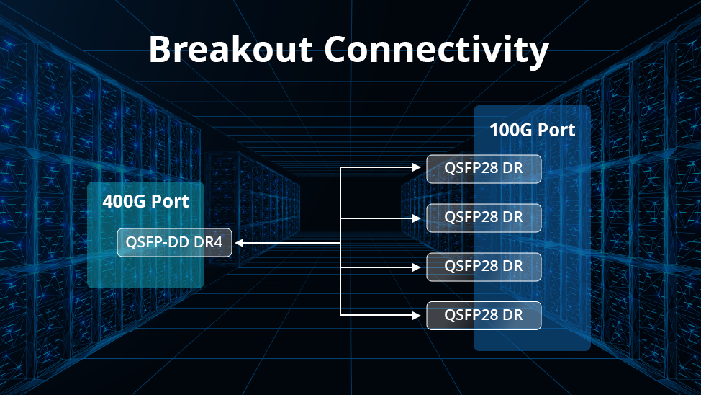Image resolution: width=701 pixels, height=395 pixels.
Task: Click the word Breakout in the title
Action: click(230, 50)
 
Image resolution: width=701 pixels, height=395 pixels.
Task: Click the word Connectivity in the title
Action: click(436, 50)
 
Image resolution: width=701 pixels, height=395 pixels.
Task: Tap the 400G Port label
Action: click(145, 201)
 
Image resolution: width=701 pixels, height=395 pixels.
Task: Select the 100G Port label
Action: click(532, 130)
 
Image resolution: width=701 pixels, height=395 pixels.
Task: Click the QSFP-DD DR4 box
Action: click(174, 243)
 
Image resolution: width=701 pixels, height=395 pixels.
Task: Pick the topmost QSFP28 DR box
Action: click(484, 169)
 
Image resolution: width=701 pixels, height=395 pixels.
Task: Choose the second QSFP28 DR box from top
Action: click(484, 217)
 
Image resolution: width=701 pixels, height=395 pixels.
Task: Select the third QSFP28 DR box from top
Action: click(484, 266)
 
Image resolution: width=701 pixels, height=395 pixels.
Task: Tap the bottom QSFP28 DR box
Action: click(484, 315)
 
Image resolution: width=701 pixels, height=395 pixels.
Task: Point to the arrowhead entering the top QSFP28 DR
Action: click(417, 168)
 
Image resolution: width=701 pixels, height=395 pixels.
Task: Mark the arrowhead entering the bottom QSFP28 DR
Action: click(417, 315)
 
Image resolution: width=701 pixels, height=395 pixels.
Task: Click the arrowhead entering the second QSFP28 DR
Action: click(417, 217)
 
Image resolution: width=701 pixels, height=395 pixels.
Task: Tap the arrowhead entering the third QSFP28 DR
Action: click(417, 266)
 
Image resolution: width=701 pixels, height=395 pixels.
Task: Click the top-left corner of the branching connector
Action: click(340, 168)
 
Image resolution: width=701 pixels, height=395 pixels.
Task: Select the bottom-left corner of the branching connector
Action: click(340, 315)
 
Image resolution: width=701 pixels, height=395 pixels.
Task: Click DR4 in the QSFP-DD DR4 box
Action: click(209, 243)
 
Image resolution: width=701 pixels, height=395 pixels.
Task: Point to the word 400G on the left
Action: click(124, 201)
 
